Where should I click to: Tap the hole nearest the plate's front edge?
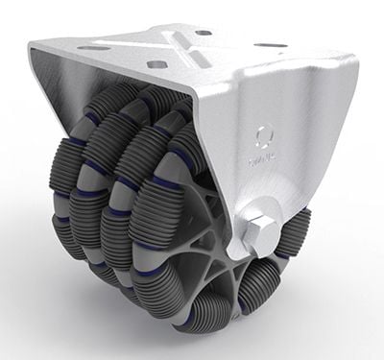pyautogui.click(x=155, y=64)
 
